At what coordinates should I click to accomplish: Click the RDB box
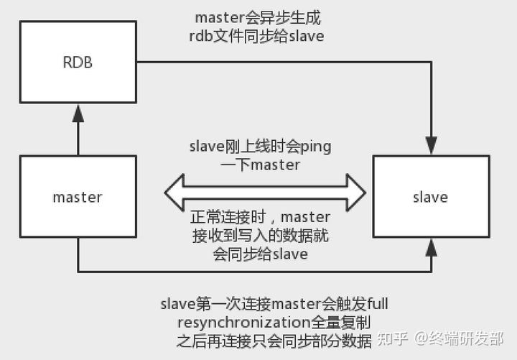[x=78, y=62]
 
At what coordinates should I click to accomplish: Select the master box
[x=78, y=196]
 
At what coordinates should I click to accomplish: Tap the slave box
[x=431, y=196]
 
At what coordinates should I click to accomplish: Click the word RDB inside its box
[x=78, y=62]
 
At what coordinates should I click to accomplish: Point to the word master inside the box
[x=78, y=197]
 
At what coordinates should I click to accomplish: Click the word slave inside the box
[x=431, y=197]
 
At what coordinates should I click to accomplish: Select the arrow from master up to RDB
[x=78, y=129]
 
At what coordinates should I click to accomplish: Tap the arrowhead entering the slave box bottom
[x=431, y=246]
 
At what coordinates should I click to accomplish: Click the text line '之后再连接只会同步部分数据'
[x=275, y=339]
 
